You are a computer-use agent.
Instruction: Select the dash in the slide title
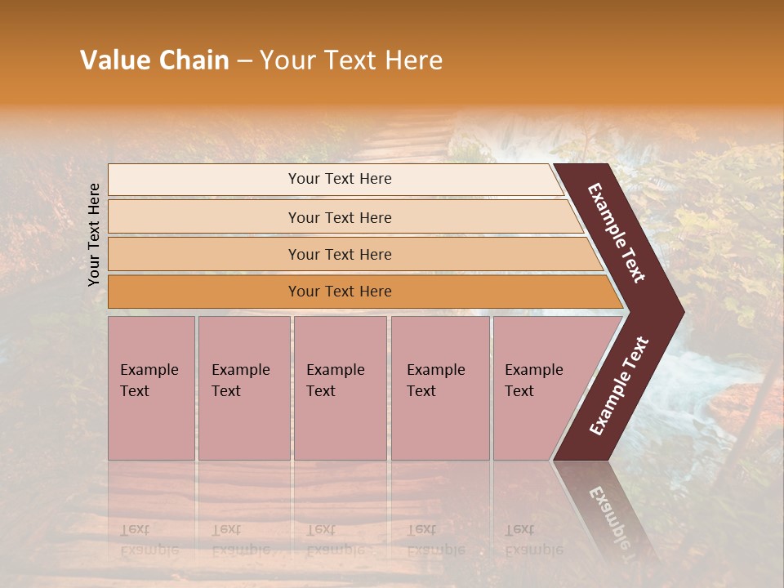click(244, 61)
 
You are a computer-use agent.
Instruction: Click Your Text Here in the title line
click(351, 60)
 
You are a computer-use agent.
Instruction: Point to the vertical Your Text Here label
click(94, 234)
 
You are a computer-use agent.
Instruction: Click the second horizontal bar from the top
click(340, 217)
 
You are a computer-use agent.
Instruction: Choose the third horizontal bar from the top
click(340, 254)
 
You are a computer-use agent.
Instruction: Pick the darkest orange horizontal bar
click(340, 292)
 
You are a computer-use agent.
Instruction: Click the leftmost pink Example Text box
click(151, 387)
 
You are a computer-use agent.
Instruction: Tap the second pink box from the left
click(243, 387)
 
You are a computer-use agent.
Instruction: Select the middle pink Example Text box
click(340, 387)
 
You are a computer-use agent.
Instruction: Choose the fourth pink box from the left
click(439, 387)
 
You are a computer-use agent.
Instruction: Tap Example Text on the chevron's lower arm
click(619, 386)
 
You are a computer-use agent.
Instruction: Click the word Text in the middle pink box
click(321, 391)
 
